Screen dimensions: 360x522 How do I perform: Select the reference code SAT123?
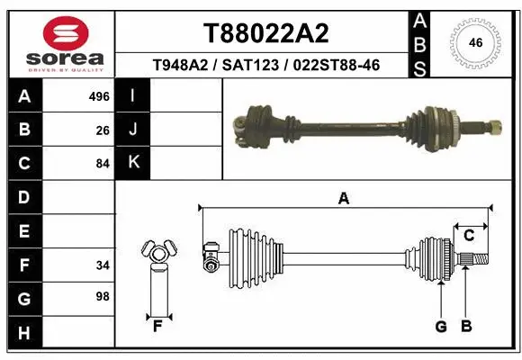pos(255,67)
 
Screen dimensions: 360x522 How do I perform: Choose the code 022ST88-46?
pos(332,67)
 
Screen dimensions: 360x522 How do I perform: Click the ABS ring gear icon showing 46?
pos(477,42)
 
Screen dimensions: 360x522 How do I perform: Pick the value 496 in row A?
pos(100,96)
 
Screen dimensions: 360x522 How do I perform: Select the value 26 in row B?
pos(103,130)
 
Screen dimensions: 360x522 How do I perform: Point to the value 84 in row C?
pos(102,164)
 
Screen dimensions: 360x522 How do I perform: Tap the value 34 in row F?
pos(102,265)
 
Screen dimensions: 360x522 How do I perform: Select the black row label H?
pos(24,333)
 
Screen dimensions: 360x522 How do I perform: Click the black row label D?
pos(24,197)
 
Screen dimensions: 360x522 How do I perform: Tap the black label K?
pos(133,163)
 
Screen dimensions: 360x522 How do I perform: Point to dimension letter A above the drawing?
pos(343,199)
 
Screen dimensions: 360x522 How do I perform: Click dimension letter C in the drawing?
pos(469,236)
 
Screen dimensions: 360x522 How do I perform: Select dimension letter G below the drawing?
pos(441,327)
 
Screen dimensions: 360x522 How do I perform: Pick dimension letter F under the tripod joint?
pos(157,326)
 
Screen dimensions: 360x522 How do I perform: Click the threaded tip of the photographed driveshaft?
pos(498,124)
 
